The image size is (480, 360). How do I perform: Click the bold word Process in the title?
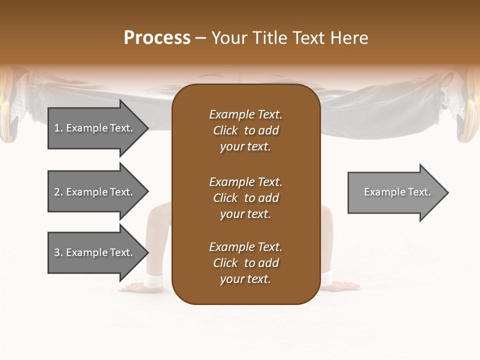(157, 38)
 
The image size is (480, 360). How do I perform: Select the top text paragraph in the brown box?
(245, 130)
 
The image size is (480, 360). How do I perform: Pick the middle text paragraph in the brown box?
(245, 198)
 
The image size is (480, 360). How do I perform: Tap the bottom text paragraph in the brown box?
(245, 263)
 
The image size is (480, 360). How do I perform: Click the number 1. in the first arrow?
(58, 128)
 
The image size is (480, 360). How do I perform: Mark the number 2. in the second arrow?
(58, 192)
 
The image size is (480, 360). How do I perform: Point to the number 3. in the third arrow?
(58, 252)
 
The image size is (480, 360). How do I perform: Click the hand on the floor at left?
(131, 287)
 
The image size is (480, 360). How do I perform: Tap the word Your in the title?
(228, 38)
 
